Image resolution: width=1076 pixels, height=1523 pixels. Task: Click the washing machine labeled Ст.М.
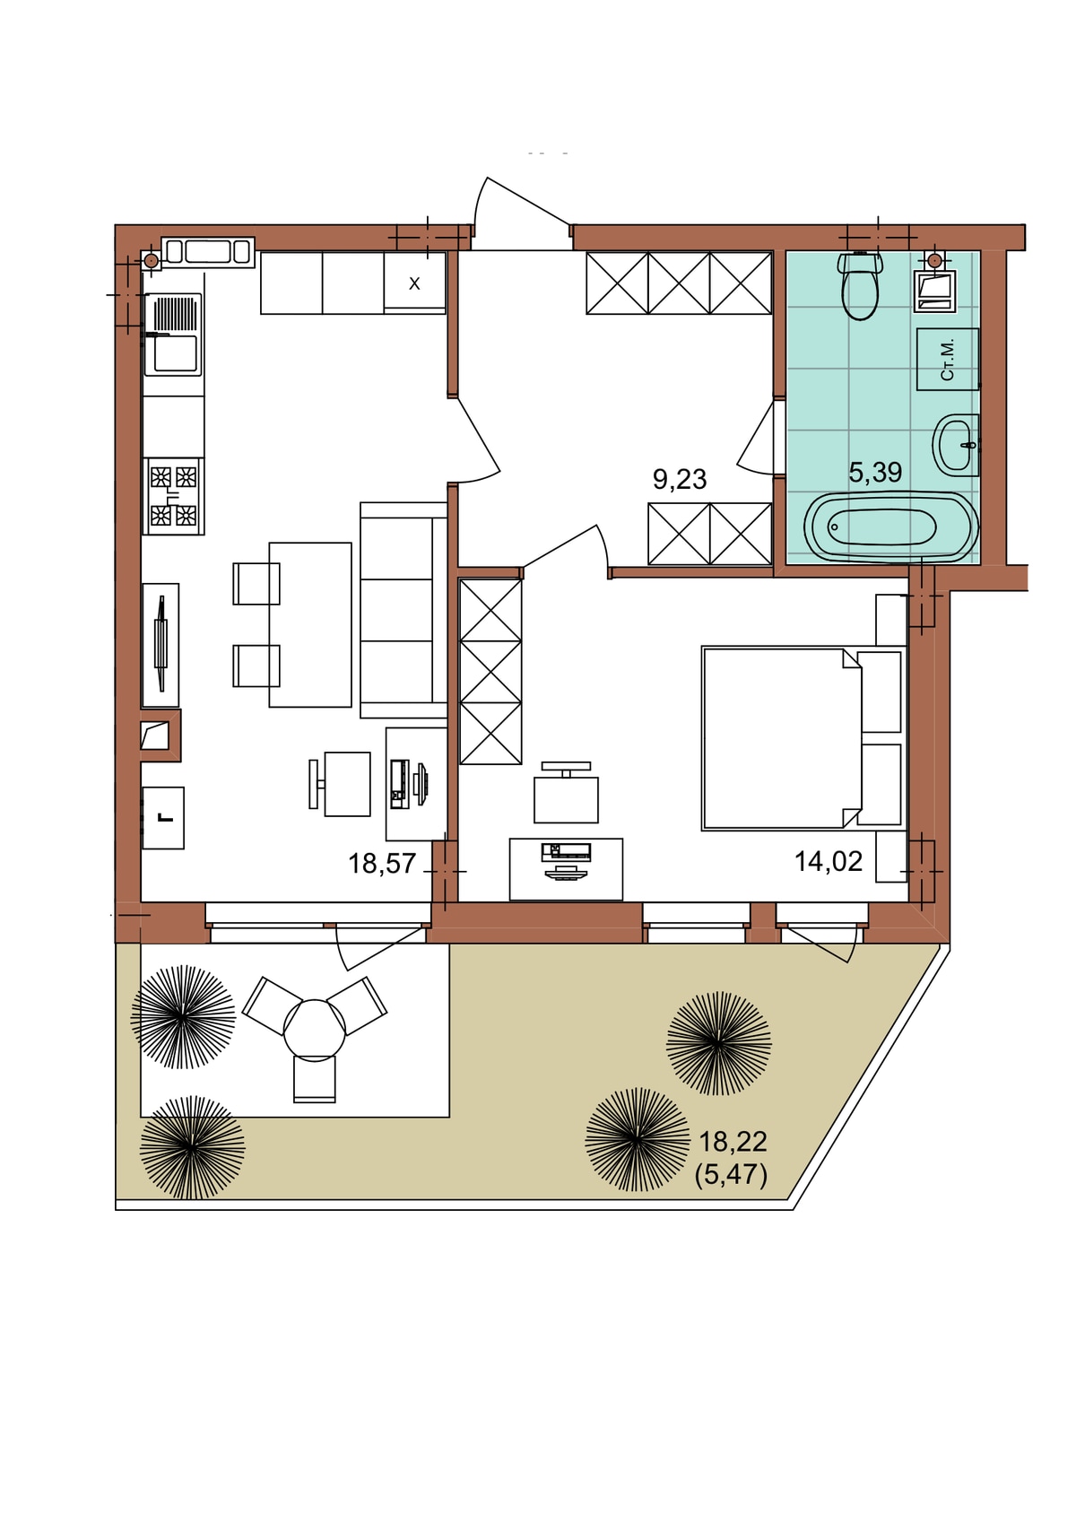click(948, 359)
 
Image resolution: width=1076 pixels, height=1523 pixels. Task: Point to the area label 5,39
click(875, 472)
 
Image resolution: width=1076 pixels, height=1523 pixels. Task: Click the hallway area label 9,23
click(680, 479)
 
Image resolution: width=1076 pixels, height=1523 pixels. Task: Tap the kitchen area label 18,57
click(382, 864)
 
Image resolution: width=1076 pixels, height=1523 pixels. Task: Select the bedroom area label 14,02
click(829, 861)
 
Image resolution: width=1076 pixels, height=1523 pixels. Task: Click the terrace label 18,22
click(733, 1142)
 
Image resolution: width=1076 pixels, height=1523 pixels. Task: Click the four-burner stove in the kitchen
click(173, 496)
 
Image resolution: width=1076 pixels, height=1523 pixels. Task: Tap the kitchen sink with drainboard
click(173, 335)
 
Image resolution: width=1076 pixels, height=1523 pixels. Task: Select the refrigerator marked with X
click(414, 283)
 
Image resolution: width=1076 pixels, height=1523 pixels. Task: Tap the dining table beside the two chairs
click(310, 624)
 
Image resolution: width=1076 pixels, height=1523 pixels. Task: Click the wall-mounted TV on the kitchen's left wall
click(161, 643)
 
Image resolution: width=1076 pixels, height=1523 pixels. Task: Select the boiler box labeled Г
click(163, 817)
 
